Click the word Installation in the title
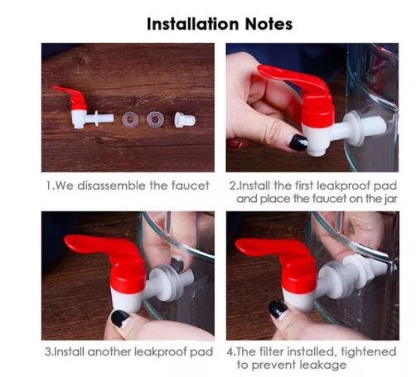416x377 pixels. [x=186, y=24]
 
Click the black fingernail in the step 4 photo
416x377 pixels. [x=278, y=309]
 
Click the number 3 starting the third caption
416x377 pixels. [x=46, y=351]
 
